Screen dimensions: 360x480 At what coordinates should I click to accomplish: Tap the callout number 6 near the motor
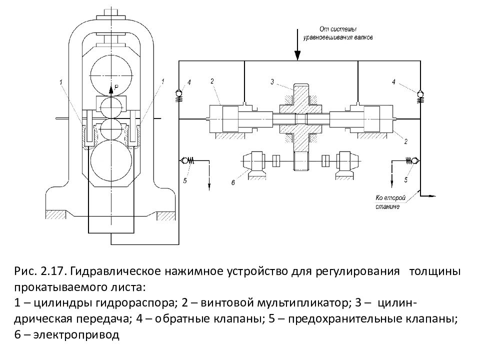233,183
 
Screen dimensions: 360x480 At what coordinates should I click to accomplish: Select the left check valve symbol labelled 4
178,93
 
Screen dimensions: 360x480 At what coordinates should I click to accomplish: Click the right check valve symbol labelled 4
419,93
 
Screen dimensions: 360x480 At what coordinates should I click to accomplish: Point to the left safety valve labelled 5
186,160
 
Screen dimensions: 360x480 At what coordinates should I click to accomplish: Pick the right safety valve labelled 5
411,160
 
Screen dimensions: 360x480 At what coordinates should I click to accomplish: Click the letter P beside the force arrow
116,87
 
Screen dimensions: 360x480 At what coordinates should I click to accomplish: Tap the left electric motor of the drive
253,161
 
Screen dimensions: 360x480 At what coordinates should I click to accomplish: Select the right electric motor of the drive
346,161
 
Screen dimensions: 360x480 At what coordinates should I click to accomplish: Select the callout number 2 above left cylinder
212,81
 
